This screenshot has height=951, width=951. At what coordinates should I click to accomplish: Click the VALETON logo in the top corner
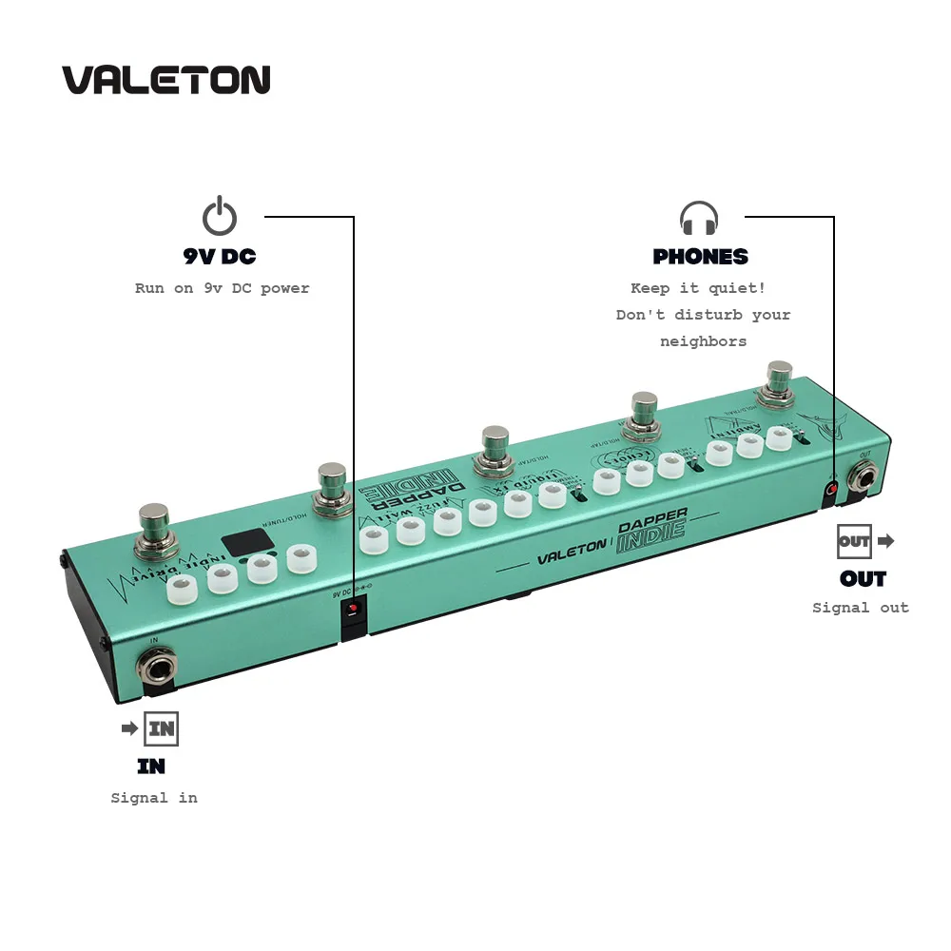[x=166, y=80]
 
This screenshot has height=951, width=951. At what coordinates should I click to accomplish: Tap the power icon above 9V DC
[x=220, y=217]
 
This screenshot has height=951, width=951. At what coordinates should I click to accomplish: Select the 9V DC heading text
[x=220, y=257]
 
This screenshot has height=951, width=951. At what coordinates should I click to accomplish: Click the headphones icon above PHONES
[x=699, y=218]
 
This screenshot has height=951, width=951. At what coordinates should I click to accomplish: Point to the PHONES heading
[x=700, y=257]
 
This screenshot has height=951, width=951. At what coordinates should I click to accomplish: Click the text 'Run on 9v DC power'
[x=223, y=288]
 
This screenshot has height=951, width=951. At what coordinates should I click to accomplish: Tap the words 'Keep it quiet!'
[x=698, y=288]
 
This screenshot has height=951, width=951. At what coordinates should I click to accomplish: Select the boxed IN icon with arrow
[x=151, y=729]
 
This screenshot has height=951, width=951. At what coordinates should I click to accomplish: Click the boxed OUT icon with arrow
[x=864, y=541]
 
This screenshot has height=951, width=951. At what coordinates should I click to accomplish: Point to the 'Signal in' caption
[x=154, y=798]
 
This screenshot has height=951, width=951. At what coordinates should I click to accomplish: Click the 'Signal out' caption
[x=860, y=608]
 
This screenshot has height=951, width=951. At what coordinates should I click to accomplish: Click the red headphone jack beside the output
[x=831, y=489]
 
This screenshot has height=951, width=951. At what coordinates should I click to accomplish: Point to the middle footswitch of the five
[x=495, y=448]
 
